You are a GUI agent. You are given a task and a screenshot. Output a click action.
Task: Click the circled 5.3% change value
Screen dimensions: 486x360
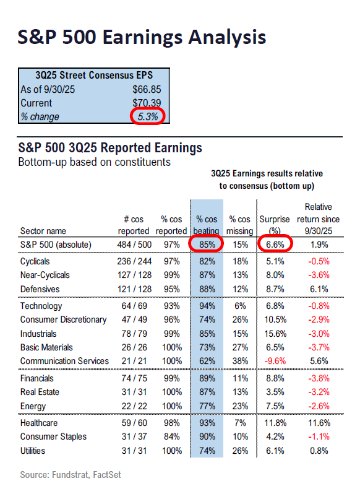click(x=147, y=116)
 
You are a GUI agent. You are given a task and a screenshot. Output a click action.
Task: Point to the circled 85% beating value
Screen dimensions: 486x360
click(x=207, y=245)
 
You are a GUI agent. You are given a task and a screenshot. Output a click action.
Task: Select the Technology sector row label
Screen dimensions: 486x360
click(x=41, y=306)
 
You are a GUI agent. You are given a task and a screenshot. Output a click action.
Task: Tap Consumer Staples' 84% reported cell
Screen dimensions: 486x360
click(x=173, y=436)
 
